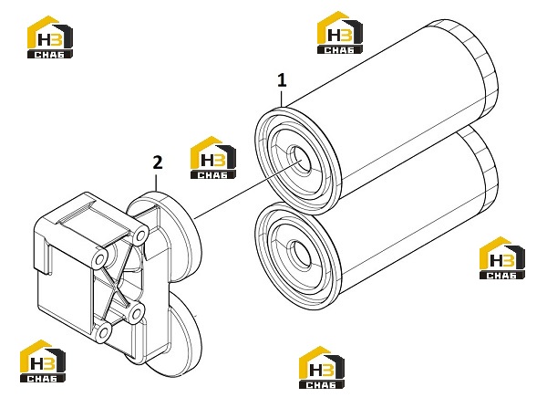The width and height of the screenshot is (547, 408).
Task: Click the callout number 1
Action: [282, 80]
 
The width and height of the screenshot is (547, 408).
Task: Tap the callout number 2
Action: [158, 162]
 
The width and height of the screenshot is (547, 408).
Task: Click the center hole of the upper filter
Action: [300, 160]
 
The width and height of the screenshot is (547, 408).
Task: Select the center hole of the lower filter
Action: [301, 255]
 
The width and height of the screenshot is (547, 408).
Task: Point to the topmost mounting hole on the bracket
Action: [140, 235]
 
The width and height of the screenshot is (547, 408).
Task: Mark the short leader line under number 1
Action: [282, 99]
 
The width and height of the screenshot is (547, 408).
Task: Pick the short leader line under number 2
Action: [156, 183]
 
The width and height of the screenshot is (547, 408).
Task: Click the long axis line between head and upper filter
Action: [248, 190]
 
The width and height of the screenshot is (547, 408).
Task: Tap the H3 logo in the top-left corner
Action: [50, 37]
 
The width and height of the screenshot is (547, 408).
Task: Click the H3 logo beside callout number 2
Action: [212, 158]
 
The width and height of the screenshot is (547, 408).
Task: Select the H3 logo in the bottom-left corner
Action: [43, 361]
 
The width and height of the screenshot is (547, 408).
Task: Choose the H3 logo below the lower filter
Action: [322, 368]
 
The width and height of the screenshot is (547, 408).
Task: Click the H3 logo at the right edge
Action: [502, 258]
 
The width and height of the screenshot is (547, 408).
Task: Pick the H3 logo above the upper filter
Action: [340, 33]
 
